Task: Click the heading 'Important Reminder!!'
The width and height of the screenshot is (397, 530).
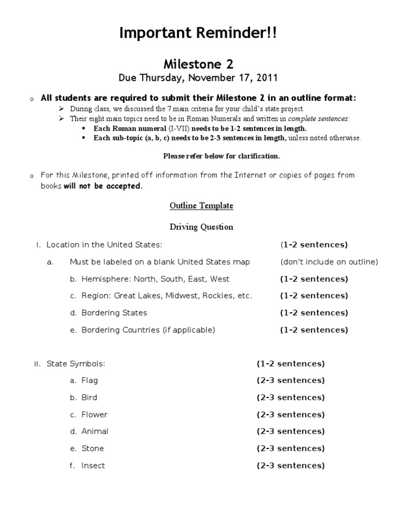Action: pos(198,34)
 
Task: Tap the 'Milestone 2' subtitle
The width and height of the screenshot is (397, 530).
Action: pos(198,64)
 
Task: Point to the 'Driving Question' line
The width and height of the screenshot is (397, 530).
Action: pos(202,227)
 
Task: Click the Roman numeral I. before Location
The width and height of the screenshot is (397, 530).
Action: pos(38,245)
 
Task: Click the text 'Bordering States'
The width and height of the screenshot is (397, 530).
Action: pos(114,313)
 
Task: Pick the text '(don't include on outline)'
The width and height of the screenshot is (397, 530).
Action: pos(329,262)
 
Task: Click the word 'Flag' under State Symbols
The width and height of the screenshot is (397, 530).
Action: pos(89,380)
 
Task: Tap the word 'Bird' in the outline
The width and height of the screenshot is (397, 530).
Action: pos(89,397)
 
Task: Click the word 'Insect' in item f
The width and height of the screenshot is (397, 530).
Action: pos(93,466)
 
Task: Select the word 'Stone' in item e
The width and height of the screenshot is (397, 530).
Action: pos(93,449)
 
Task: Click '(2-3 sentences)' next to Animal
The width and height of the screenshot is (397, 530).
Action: pos(291,432)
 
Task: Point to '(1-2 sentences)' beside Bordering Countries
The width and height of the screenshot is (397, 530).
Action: pos(314,330)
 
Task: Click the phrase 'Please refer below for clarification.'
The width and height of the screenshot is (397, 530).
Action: pos(222,156)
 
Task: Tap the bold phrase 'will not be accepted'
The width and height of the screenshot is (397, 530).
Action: pos(102,186)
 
